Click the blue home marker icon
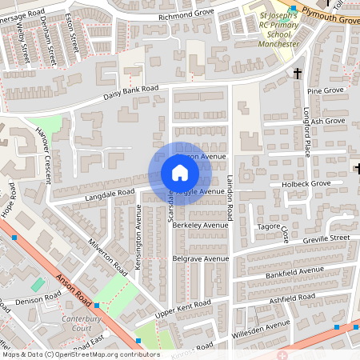point(179,173)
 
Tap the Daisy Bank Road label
point(132,93)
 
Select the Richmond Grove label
point(186,14)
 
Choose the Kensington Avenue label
point(138,237)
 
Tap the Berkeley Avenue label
point(200,226)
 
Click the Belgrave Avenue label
point(201,259)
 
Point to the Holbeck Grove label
point(311,184)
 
